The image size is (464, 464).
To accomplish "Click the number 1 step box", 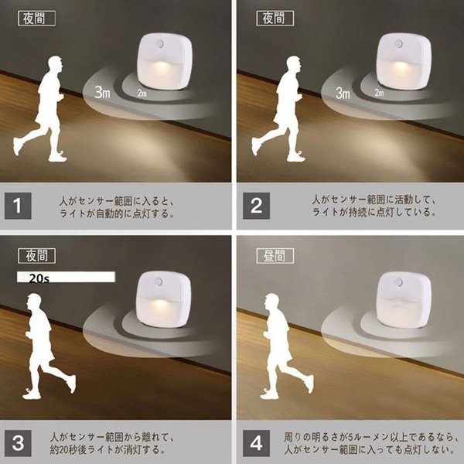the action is (18, 206).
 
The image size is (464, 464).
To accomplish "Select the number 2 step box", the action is (256, 206).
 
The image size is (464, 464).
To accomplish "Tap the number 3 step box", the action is (18, 443).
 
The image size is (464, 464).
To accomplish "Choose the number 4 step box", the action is (256, 443).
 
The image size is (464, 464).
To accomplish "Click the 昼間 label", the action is (275, 256).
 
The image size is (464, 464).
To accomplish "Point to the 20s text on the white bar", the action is (39, 278).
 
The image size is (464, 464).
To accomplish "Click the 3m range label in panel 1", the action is (102, 92).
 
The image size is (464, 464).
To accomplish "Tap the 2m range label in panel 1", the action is (142, 94).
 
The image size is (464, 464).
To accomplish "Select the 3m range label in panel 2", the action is (343, 93).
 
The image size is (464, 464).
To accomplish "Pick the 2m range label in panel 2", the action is (379, 93).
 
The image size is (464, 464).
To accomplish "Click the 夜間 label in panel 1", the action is (36, 19).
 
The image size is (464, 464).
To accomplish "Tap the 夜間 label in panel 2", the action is (275, 19).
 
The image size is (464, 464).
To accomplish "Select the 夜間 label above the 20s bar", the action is (36, 256).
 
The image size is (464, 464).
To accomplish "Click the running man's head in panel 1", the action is (56, 64).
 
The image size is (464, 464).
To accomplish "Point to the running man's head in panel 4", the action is (272, 302).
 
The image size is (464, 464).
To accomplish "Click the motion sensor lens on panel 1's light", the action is (160, 44).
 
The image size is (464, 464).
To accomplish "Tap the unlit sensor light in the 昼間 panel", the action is (404, 300).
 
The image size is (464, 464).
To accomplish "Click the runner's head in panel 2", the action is (294, 64).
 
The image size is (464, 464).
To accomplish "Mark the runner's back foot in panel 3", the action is (71, 384).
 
